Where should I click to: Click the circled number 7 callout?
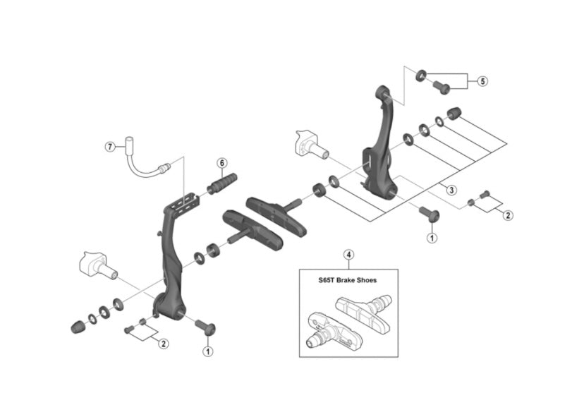pos(110,147)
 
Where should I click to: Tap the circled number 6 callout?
pos(221,163)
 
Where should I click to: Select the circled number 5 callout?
pos(482,81)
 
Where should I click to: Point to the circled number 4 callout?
pos(348,255)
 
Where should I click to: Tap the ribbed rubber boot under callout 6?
pos(223,183)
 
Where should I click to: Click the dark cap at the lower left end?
pos(77,326)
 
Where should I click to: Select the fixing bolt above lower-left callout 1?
pos(205,327)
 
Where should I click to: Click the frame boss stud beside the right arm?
pos(310,143)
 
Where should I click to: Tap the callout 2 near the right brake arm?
pos(508,216)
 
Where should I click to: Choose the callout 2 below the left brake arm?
pos(164,344)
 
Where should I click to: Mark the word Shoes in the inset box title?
pos(365,280)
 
